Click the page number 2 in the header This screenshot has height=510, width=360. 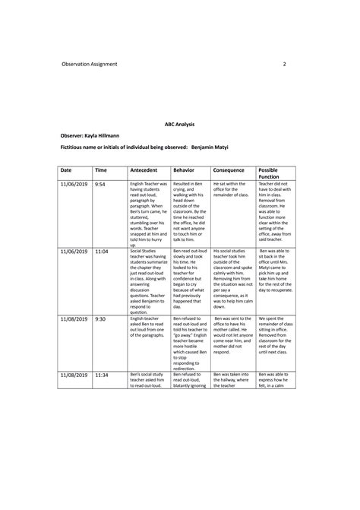coord(283,64)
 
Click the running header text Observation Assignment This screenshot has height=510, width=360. coord(90,64)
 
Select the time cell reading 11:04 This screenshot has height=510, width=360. coord(102,251)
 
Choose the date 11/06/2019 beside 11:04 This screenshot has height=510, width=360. coord(74,251)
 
